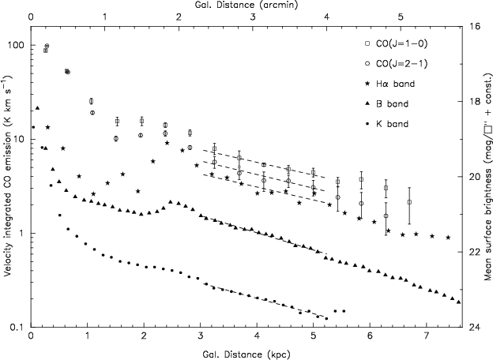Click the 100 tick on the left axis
point(17,45)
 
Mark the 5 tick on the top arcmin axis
point(401,17)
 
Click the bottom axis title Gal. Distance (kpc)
point(246,354)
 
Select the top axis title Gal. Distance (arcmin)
point(246,5)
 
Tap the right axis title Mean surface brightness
point(487,178)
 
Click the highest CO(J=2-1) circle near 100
point(47,46)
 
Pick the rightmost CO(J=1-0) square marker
point(409,202)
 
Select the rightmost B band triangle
point(458,302)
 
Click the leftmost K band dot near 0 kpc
point(33,127)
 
